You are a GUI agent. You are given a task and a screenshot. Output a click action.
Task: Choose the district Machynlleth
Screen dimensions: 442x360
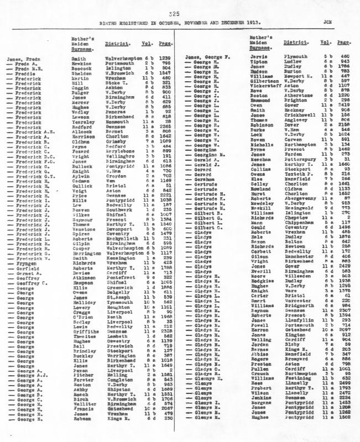click(121, 238)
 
